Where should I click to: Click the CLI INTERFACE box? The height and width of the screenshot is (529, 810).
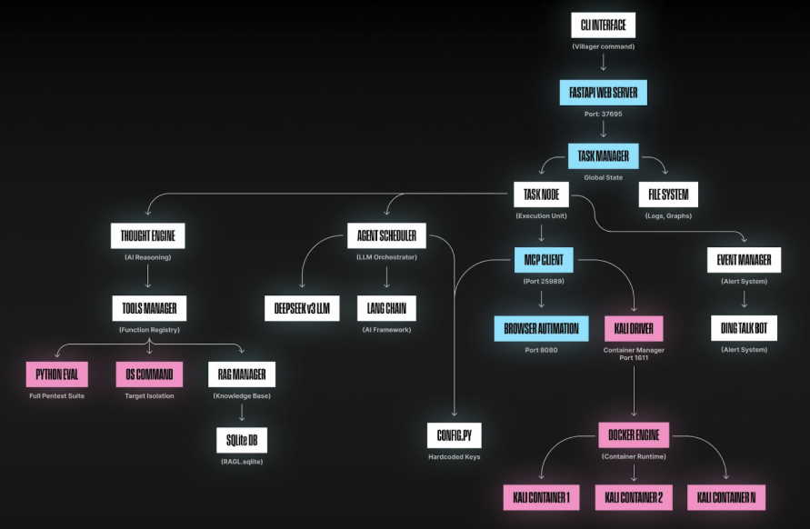603,25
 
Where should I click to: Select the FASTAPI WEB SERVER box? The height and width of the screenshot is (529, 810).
603,93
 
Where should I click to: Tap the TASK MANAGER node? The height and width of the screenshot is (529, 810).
603,156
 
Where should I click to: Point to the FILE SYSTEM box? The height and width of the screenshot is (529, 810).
668,195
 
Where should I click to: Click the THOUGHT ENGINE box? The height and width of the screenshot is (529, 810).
148,236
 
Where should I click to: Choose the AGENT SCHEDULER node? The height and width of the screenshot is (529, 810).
386,235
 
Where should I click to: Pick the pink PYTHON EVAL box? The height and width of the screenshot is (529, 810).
57,374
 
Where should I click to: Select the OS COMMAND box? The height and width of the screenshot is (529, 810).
149,374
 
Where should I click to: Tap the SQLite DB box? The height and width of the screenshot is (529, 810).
242,440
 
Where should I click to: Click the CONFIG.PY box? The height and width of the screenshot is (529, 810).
454,435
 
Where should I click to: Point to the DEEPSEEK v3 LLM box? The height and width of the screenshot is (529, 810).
302,308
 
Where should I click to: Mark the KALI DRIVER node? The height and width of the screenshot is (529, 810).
634,328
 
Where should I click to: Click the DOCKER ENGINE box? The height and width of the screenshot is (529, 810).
634,435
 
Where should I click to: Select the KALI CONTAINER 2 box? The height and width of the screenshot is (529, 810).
634,497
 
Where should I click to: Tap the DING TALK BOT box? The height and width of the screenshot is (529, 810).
744,328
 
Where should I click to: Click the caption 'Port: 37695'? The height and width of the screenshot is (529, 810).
603,114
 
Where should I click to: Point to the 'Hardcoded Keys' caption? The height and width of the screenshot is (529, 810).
454,456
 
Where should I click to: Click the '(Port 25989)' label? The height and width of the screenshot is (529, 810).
544,281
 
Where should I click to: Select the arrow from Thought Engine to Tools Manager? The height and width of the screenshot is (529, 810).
148,276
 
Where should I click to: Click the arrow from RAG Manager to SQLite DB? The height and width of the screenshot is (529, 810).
242,413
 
